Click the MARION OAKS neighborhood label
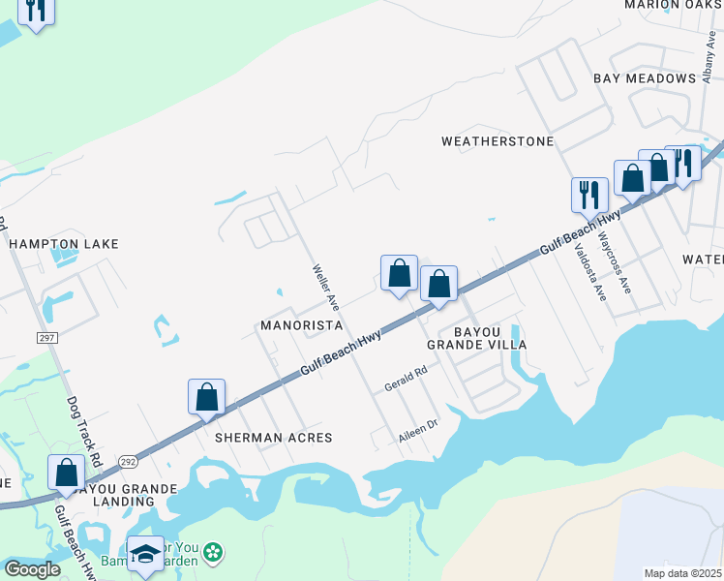[674, 5]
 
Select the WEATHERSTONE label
[498, 141]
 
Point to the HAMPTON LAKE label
[64, 244]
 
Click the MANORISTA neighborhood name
[301, 325]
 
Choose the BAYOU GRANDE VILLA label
[477, 337]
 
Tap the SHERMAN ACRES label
[273, 438]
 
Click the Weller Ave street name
[321, 287]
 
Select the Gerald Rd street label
[406, 379]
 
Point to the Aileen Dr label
[418, 433]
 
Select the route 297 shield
[46, 337]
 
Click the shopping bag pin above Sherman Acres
[206, 397]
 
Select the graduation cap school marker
[145, 554]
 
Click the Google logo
[31, 569]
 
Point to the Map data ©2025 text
[682, 573]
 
